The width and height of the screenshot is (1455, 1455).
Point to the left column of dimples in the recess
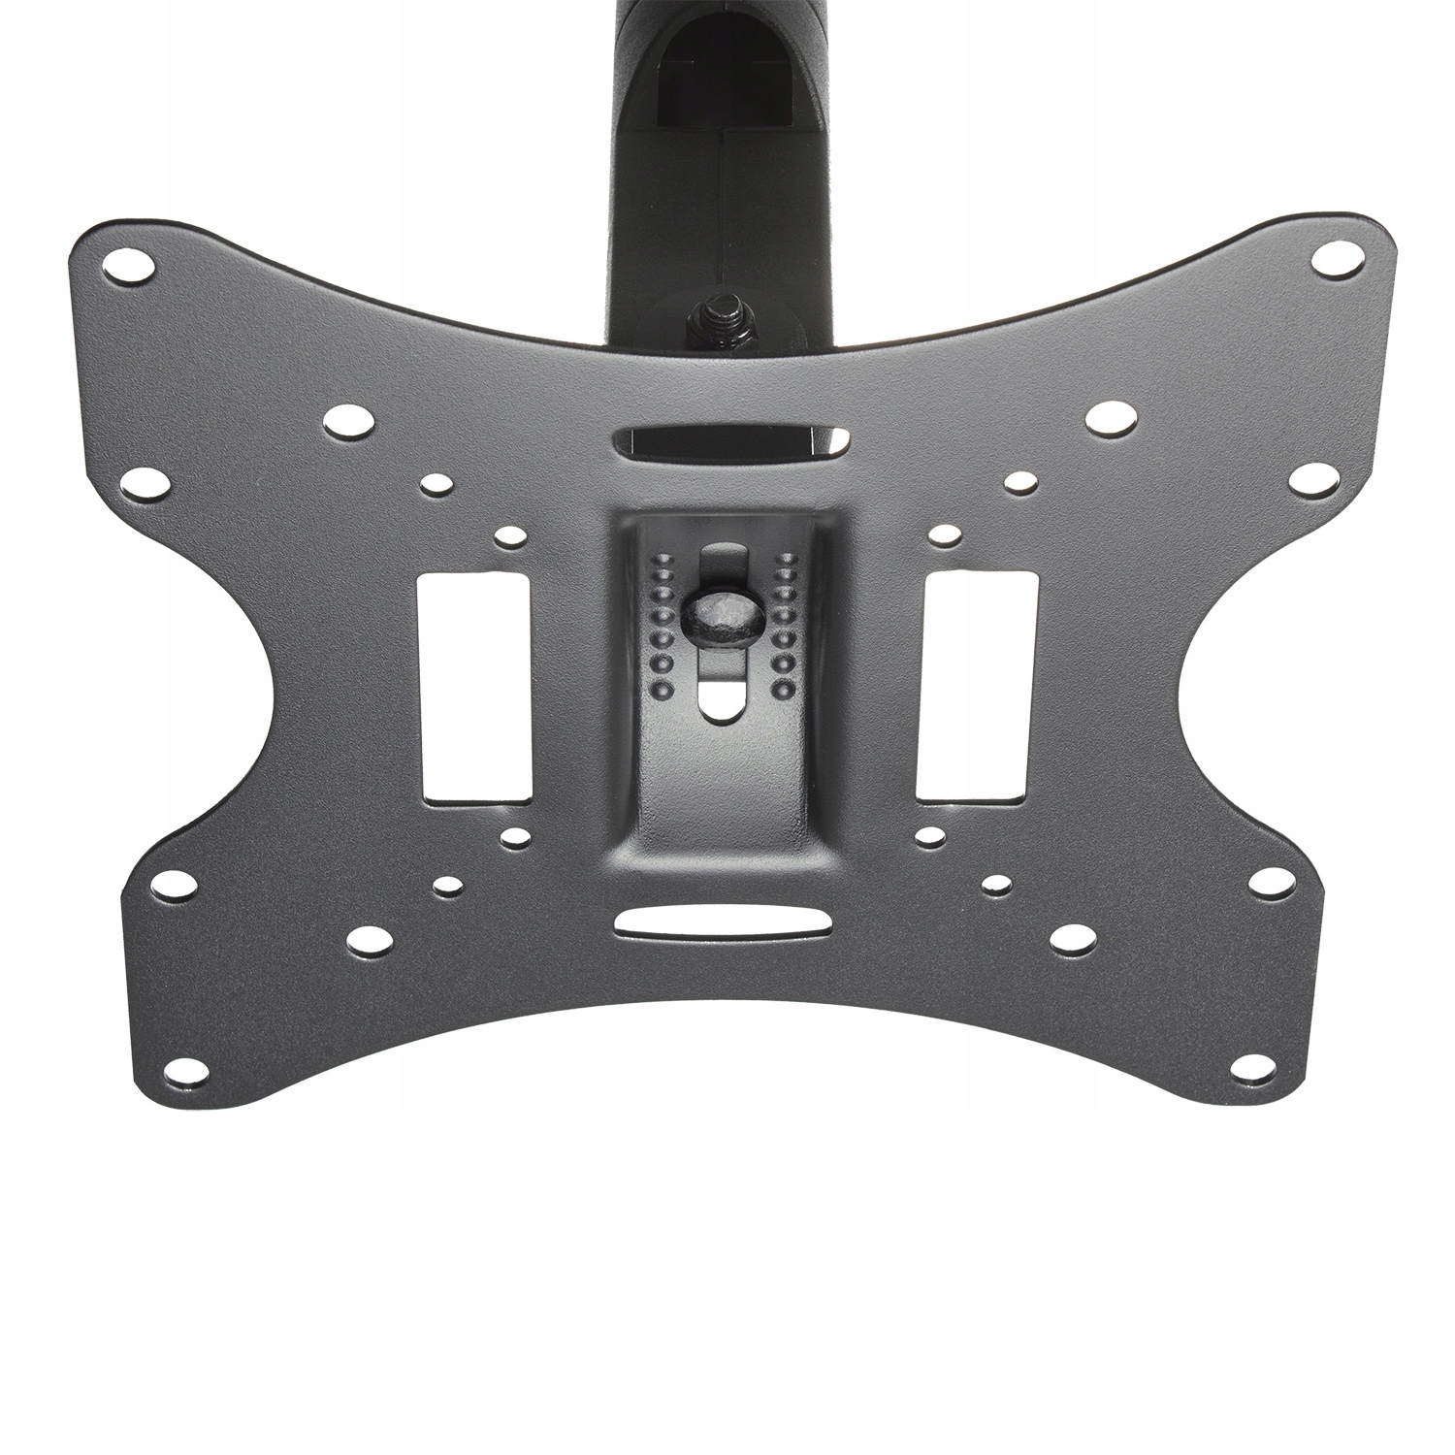click(663, 625)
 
